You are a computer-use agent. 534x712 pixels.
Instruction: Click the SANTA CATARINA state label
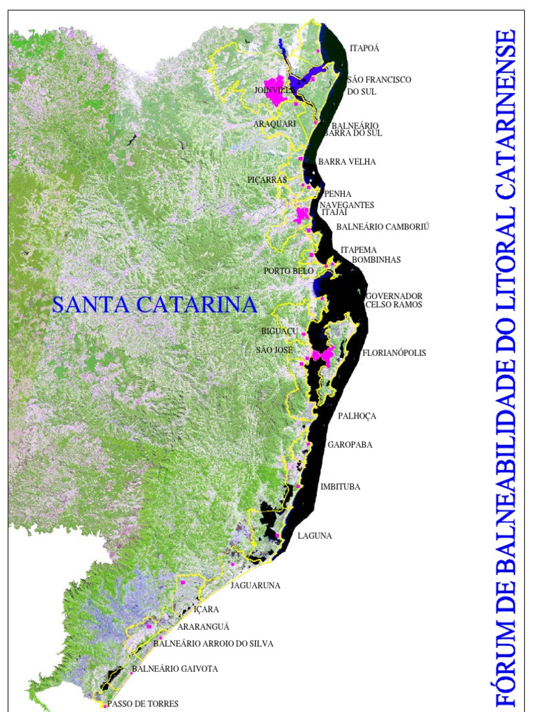154,305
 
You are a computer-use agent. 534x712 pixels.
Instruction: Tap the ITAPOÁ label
364,49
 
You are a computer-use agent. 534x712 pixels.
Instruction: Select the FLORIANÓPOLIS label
394,353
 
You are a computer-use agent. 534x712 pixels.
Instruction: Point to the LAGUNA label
314,536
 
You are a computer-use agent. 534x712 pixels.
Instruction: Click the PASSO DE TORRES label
143,704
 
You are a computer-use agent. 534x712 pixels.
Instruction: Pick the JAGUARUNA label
255,585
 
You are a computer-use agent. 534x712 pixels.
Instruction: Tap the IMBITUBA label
340,487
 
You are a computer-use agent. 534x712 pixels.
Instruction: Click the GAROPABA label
350,444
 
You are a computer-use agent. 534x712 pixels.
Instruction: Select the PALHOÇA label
357,416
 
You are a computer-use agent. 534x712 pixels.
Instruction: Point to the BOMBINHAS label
376,260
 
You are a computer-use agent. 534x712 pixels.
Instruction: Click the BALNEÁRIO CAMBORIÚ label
383,227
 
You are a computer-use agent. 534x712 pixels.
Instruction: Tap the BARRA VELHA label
347,162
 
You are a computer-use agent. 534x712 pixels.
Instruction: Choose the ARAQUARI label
275,124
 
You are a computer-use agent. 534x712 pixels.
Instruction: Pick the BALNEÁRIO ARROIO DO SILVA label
213,644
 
